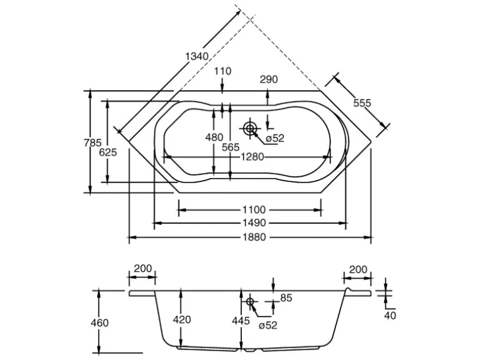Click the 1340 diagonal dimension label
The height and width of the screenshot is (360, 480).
pyautogui.click(x=197, y=57)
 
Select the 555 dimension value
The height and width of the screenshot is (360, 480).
pyautogui.click(x=362, y=103)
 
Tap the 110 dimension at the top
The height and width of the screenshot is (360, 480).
pyautogui.click(x=223, y=71)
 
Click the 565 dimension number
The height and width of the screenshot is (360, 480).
pyautogui.click(x=231, y=147)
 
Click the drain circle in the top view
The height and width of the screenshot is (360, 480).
pyautogui.click(x=251, y=128)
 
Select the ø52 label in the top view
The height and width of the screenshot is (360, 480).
pyautogui.click(x=274, y=138)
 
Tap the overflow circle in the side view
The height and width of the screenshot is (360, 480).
pyautogui.click(x=251, y=301)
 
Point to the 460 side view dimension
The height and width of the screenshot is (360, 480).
pyautogui.click(x=99, y=323)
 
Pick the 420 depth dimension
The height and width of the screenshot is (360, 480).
pyautogui.click(x=181, y=320)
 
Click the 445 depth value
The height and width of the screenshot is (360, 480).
pyautogui.click(x=241, y=321)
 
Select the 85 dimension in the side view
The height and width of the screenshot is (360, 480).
pyautogui.click(x=286, y=298)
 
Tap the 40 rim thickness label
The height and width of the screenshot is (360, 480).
pyautogui.click(x=390, y=316)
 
